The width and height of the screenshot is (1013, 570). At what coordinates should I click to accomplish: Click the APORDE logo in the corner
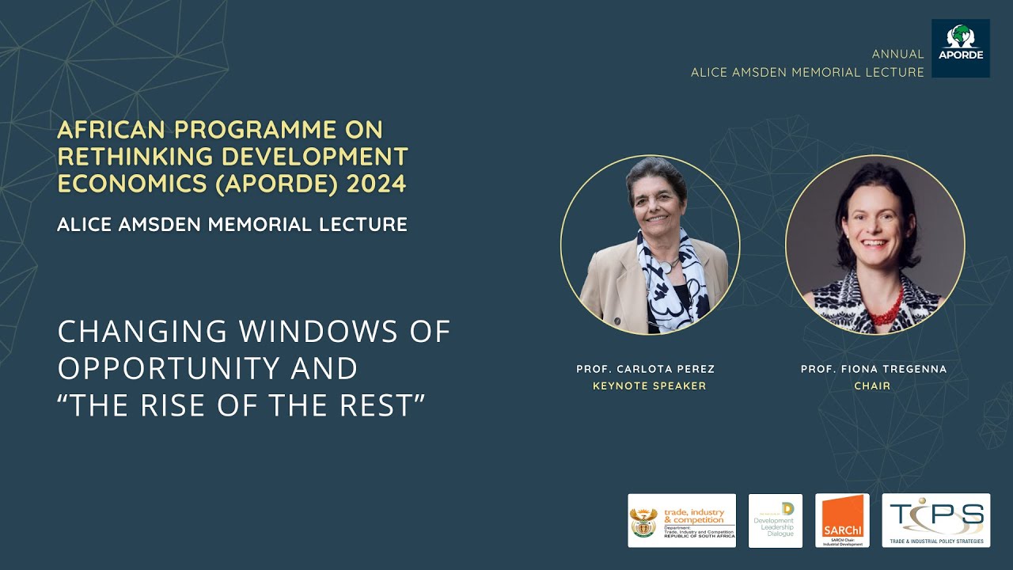coord(960,48)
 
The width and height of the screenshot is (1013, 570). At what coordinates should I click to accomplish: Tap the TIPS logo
coord(935,520)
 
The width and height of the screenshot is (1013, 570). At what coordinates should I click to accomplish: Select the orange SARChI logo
coord(842,520)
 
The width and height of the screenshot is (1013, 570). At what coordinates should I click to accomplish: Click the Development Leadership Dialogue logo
coord(775,520)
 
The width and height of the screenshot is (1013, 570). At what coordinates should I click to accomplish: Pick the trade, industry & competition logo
coord(681,520)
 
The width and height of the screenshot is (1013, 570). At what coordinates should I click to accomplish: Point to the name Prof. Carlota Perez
coord(645,370)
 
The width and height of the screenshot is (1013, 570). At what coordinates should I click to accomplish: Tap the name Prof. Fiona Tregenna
coord(873,370)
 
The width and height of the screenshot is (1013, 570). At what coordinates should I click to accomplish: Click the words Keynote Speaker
coord(649,386)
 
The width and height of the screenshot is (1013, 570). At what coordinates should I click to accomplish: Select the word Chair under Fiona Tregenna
coord(872,386)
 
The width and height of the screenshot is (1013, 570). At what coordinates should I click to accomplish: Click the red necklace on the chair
coord(886,307)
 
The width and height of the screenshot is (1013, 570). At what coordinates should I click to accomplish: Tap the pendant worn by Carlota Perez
coord(666,268)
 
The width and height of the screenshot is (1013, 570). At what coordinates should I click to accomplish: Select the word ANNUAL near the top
coord(897,55)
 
